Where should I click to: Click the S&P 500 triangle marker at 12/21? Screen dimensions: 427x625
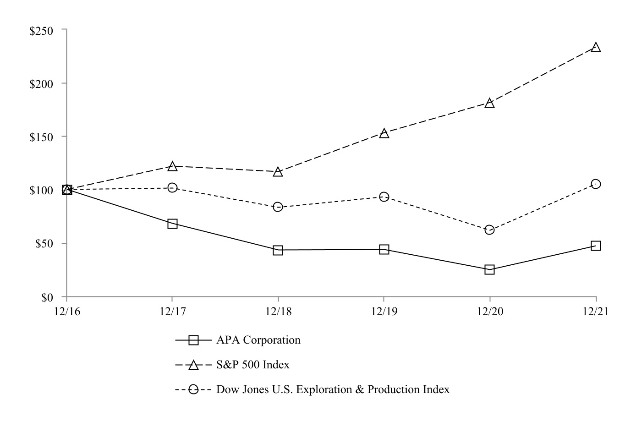pyautogui.click(x=596, y=47)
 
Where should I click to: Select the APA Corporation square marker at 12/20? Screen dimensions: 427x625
pyautogui.click(x=489, y=269)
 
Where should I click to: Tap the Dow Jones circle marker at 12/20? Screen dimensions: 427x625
pyautogui.click(x=489, y=230)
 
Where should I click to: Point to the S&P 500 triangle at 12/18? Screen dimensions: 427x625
pyautogui.click(x=278, y=172)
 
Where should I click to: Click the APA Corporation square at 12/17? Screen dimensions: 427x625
pyautogui.click(x=172, y=224)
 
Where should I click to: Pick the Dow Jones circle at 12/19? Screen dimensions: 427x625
pyautogui.click(x=384, y=197)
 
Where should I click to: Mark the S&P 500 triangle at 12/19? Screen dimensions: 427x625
pyautogui.click(x=384, y=133)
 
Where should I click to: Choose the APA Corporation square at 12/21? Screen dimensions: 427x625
pyautogui.click(x=596, y=246)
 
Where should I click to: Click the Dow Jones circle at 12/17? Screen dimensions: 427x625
pyautogui.click(x=172, y=187)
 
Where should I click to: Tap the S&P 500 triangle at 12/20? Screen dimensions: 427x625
pyautogui.click(x=489, y=103)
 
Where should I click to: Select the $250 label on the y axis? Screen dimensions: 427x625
pyautogui.click(x=41, y=30)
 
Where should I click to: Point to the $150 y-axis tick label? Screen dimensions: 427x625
pyautogui.click(x=41, y=137)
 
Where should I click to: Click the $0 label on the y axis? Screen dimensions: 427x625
pyautogui.click(x=47, y=297)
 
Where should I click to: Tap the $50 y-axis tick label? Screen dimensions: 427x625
pyautogui.click(x=44, y=244)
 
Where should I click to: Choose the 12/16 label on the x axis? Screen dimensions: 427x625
pyautogui.click(x=66, y=312)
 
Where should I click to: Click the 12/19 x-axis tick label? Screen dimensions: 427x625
pyautogui.click(x=384, y=312)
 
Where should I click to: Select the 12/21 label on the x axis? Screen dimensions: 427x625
pyautogui.click(x=595, y=312)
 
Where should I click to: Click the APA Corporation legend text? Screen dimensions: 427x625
pyautogui.click(x=258, y=340)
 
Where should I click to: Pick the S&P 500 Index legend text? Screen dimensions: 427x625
pyautogui.click(x=253, y=365)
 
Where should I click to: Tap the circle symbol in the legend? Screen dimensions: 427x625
pyautogui.click(x=193, y=389)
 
